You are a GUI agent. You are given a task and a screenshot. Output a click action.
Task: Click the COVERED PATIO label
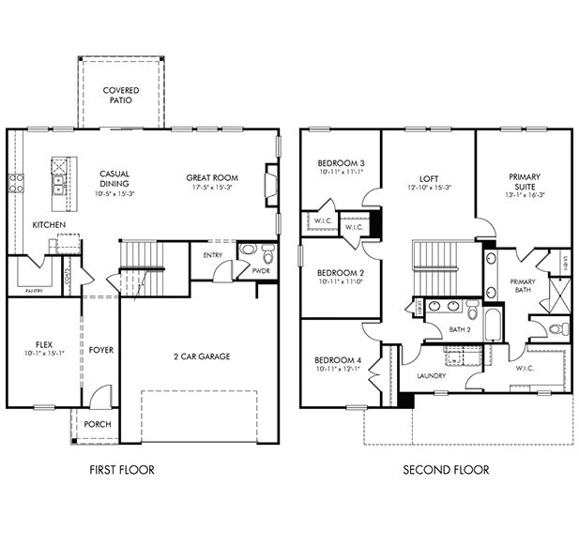[x=120, y=96]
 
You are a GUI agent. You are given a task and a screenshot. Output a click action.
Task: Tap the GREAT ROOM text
[x=211, y=177]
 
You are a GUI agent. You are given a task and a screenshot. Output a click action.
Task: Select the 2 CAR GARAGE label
[x=201, y=356]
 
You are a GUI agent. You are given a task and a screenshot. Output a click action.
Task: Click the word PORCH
[x=97, y=424]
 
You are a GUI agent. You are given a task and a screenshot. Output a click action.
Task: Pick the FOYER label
[x=101, y=350]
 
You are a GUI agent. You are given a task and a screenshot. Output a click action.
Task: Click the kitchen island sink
[x=57, y=175]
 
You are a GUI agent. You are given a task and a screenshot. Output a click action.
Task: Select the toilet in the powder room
[x=267, y=253]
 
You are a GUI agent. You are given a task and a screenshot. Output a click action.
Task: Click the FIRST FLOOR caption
[x=122, y=469]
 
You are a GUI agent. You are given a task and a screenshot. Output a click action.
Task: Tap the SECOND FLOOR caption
[x=445, y=469]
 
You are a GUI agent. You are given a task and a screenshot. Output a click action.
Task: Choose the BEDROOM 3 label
[x=340, y=162]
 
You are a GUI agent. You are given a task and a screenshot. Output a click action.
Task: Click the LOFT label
[x=428, y=177]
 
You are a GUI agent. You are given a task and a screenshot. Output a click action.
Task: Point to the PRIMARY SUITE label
[x=524, y=181]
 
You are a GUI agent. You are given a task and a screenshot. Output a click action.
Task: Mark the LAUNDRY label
[x=431, y=375]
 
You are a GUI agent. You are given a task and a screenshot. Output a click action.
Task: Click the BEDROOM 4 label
[x=339, y=361]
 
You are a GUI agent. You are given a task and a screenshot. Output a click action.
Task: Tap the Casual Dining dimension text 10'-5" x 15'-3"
[x=115, y=193]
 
